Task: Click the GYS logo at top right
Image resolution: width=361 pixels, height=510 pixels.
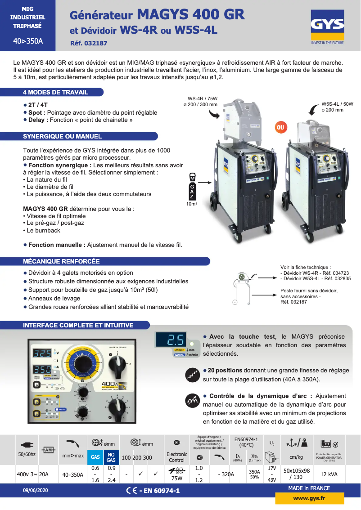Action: pyautogui.click(x=327, y=27)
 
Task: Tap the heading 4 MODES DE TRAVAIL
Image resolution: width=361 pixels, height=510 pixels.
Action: pyautogui.click(x=55, y=92)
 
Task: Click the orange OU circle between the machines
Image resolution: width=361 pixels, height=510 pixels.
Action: pyautogui.click(x=281, y=128)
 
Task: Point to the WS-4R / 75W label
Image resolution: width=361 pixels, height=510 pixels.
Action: pyautogui.click(x=203, y=101)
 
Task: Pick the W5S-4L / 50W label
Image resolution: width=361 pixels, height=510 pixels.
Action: pyautogui.click(x=337, y=107)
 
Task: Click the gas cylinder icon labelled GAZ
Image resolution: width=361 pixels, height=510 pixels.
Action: pyautogui.click(x=192, y=186)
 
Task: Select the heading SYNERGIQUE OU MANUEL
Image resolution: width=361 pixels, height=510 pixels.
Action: pyautogui.click(x=62, y=136)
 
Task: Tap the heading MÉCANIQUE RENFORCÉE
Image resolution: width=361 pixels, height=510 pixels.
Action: pyautogui.click(x=61, y=261)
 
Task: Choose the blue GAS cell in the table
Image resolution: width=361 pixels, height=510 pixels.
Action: pyautogui.click(x=95, y=457)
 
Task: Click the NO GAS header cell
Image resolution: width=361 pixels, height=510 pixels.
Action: pyautogui.click(x=111, y=457)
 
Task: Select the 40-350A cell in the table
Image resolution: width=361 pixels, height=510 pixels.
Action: pyautogui.click(x=72, y=474)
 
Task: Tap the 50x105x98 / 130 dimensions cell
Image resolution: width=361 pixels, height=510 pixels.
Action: pyautogui.click(x=296, y=474)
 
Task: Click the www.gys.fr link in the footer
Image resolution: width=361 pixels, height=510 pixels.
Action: pyautogui.click(x=309, y=498)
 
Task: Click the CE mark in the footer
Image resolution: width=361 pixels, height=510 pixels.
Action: pyautogui.click(x=132, y=490)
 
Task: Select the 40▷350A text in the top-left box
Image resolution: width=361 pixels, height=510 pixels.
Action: pyautogui.click(x=28, y=41)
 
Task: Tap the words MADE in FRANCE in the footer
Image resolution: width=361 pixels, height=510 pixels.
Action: pyautogui.click(x=309, y=488)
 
